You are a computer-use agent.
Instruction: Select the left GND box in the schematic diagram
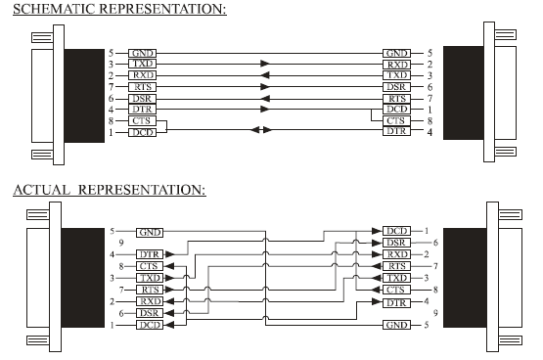[x=142, y=52]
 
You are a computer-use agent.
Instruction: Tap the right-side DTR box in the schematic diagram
[x=397, y=131]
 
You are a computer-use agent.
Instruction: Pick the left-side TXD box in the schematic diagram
[x=142, y=64]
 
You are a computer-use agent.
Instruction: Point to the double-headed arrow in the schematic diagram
[x=259, y=131]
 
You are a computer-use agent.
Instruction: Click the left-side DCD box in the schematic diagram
[x=142, y=131]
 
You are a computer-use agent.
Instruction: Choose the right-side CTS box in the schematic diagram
[x=397, y=120]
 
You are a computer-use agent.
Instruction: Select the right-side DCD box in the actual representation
[x=396, y=231]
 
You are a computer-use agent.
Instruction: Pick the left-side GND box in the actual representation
[x=149, y=232]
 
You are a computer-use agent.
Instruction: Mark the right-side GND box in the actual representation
[x=396, y=325]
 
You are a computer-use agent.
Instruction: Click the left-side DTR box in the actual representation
[x=149, y=254]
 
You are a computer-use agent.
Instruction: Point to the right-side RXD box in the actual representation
[x=396, y=254]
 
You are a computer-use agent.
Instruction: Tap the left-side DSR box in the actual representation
[x=149, y=313]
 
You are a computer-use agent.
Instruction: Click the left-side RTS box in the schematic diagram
[x=142, y=86]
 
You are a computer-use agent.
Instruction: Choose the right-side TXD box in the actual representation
[x=396, y=278]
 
